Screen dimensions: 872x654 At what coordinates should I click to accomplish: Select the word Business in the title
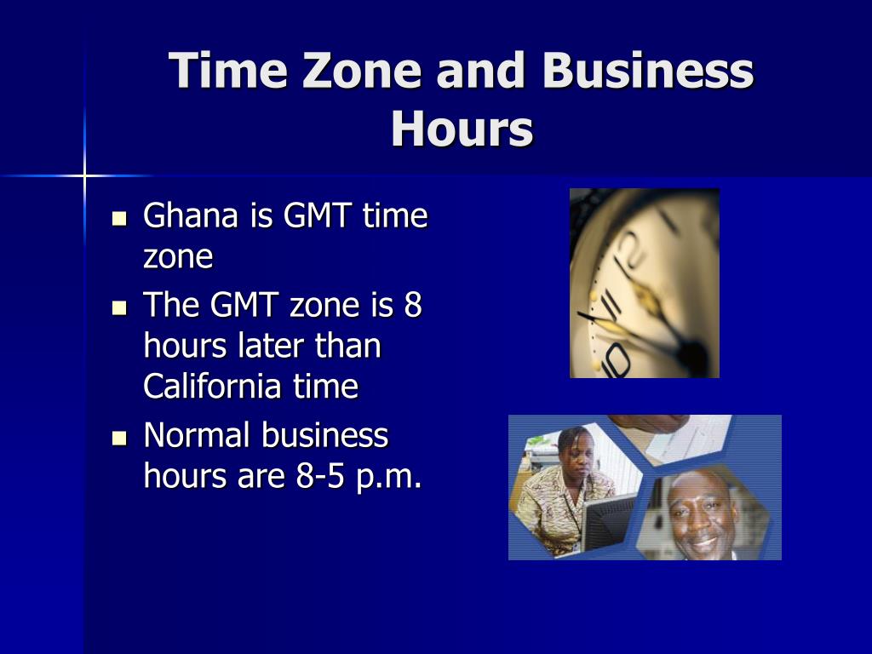(x=647, y=71)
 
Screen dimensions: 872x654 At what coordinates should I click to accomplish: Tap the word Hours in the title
(x=462, y=129)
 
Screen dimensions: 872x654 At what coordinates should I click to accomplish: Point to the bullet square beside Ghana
(x=119, y=218)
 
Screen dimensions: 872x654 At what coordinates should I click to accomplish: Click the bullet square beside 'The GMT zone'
(x=119, y=307)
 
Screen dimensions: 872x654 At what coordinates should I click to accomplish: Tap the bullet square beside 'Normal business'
(x=119, y=439)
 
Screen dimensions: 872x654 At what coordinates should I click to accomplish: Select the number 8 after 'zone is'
(x=413, y=305)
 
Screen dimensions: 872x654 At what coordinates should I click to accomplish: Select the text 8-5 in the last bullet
(x=320, y=476)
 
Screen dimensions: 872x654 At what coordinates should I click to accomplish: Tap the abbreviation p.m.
(x=388, y=479)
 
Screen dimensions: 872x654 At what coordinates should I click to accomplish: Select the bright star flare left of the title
(x=84, y=176)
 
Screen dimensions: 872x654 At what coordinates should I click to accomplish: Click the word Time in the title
(x=228, y=71)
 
